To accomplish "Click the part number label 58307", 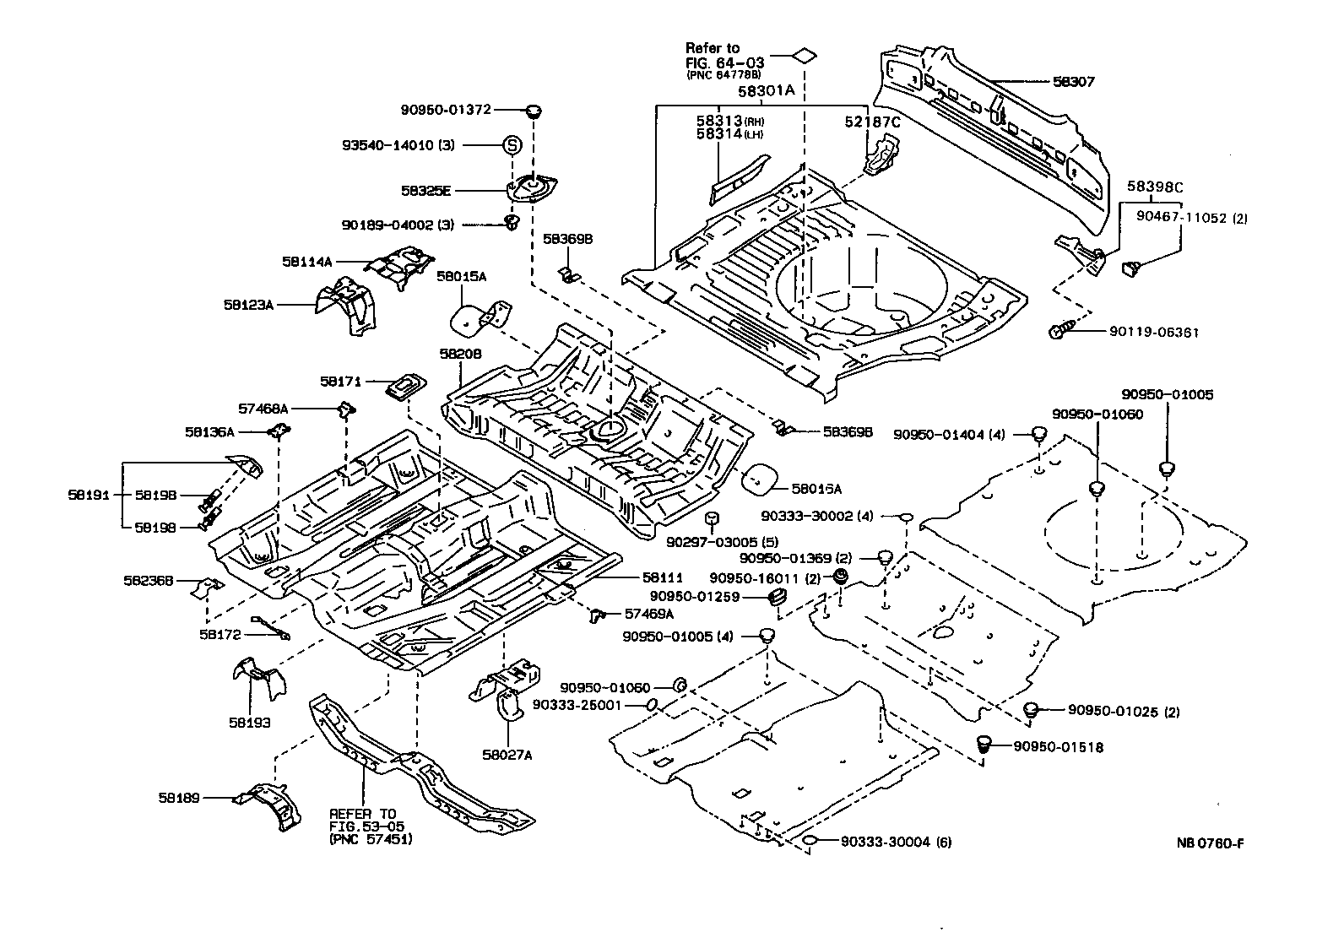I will pos(1073,82).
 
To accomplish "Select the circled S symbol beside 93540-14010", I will pos(512,144).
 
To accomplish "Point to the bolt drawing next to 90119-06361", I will pos(1061,331).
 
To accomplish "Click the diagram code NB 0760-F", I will pos(1211,843).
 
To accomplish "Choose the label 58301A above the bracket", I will pos(767,90).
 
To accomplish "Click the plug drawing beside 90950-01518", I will pos(983,745).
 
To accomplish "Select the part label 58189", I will pos(177,797).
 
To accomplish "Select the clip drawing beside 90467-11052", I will pos(1131,268).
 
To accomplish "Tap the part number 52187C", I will pos(873,122).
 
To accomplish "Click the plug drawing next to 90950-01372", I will pos(534,111).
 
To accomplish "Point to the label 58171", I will pos(340,382).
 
